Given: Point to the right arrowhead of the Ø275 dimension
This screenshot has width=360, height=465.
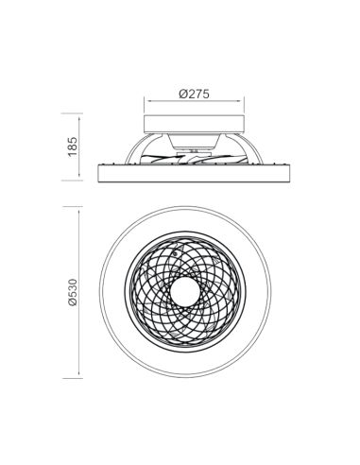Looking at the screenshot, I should (x=245, y=105).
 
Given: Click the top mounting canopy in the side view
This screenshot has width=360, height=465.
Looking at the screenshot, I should (x=194, y=124).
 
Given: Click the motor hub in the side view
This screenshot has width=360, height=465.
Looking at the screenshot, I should (x=193, y=150).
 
